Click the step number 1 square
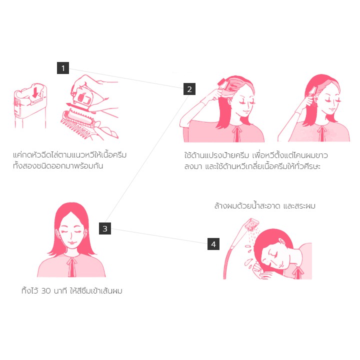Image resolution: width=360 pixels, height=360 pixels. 63,68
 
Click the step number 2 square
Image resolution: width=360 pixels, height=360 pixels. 189,89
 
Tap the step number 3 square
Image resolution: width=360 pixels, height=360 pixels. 105,228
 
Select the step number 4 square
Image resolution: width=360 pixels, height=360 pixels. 213,244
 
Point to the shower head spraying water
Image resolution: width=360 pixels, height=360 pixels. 252,224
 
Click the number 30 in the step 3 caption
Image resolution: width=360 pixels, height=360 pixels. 46,291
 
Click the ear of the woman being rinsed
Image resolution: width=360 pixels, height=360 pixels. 281,241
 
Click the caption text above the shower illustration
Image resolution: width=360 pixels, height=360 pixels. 264,205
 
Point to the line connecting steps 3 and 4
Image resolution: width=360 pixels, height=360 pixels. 159,236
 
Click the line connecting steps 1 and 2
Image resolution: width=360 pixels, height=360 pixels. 126,78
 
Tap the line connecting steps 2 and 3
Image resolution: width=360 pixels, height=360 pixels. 147,159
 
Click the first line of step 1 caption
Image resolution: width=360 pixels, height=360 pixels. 70,155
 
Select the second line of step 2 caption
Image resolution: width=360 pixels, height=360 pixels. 252,166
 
